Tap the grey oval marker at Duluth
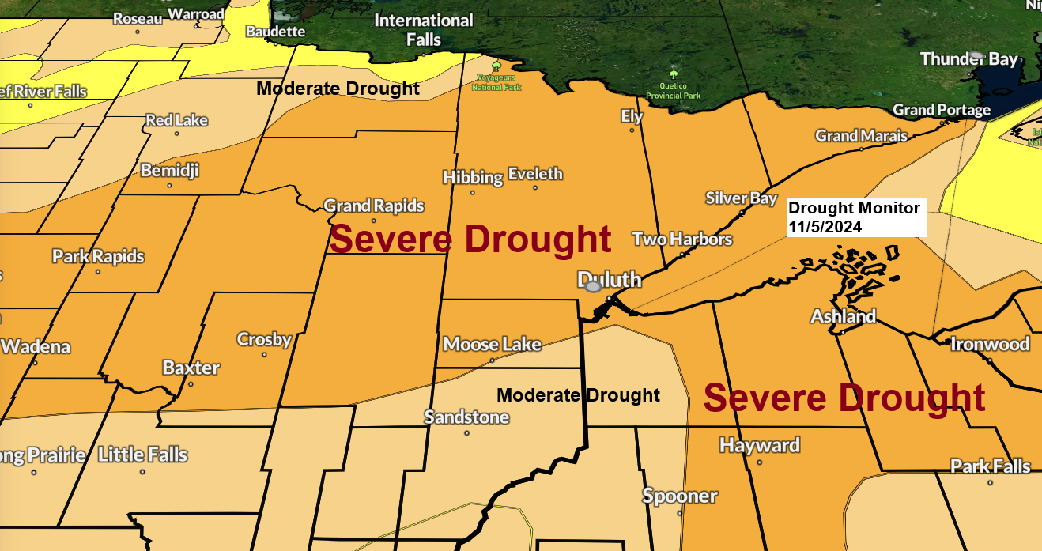(593, 286)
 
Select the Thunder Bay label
(968, 59)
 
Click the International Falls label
(424, 29)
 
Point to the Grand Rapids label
(374, 206)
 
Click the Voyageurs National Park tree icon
(496, 66)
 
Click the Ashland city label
(843, 316)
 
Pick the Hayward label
(759, 446)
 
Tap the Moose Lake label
(492, 344)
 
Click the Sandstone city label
(466, 417)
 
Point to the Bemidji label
(169, 170)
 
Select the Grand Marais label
(861, 136)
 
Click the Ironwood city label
(990, 344)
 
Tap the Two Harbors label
(682, 239)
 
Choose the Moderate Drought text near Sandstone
(578, 394)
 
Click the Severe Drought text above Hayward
(844, 398)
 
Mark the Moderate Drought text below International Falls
(338, 89)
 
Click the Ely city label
(632, 116)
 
